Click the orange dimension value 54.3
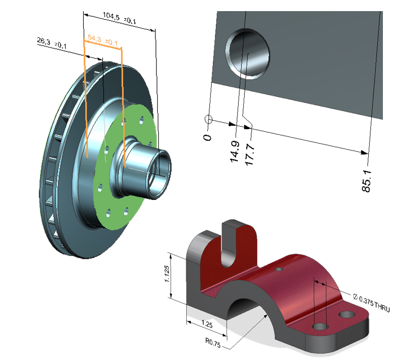[94, 38]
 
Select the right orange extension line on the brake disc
[123, 111]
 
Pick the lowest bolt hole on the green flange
[126, 211]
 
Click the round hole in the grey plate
[248, 54]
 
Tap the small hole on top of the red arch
[278, 270]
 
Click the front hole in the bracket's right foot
[320, 327]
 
